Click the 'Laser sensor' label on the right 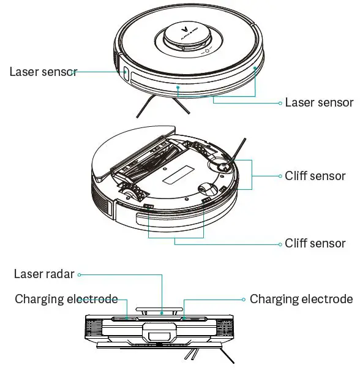[319, 102]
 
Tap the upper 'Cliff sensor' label [315, 176]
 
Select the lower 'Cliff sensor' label [315, 243]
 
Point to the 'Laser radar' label [44, 274]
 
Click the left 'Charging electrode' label [66, 299]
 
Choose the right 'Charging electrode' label [301, 299]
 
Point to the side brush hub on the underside [219, 164]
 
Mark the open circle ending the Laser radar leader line [80, 274]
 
